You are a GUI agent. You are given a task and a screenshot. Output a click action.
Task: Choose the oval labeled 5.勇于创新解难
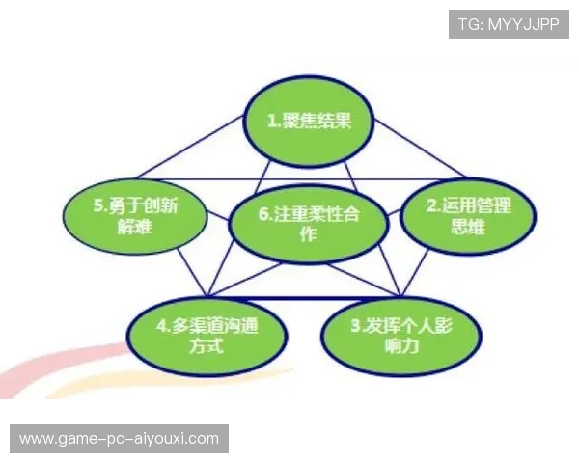pyautogui.click(x=135, y=216)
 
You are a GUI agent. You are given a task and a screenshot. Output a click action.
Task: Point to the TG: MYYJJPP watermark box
pyautogui.click(x=509, y=24)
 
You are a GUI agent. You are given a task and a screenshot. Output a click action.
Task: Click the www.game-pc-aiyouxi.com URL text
pyautogui.click(x=120, y=439)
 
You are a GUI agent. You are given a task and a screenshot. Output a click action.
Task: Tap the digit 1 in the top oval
pyautogui.click(x=272, y=122)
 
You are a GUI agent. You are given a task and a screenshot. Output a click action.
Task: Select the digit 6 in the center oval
pyautogui.click(x=263, y=214)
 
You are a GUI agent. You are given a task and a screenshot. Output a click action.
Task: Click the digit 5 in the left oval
pyautogui.click(x=99, y=205)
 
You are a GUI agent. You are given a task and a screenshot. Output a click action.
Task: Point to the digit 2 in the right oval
pyautogui.click(x=431, y=205)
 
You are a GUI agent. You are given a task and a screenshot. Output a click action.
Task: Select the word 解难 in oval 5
pyautogui.click(x=135, y=229)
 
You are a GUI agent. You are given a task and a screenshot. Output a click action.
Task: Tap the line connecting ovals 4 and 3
pyautogui.click(x=304, y=297)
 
